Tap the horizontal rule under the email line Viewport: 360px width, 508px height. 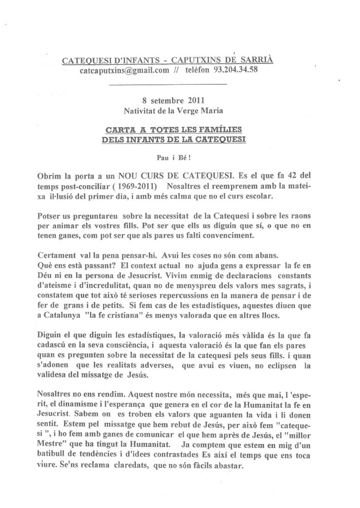(168, 83)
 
